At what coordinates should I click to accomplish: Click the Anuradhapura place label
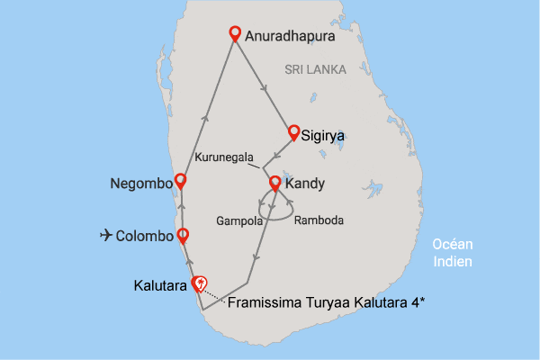pos(290,38)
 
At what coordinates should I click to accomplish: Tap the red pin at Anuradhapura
pos(235,34)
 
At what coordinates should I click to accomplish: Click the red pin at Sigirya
pos(293,132)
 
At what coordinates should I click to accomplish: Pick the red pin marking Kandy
pos(275,184)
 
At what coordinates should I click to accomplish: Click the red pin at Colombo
pos(183,236)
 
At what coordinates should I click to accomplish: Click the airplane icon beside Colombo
pos(106,236)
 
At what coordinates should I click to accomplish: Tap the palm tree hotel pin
pos(201,283)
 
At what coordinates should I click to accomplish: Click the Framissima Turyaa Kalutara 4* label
pos(327,303)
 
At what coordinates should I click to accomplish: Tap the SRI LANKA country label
pos(311,69)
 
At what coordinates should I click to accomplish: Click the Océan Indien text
pos(453,252)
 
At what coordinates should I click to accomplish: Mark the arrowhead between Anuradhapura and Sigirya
pos(264,87)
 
